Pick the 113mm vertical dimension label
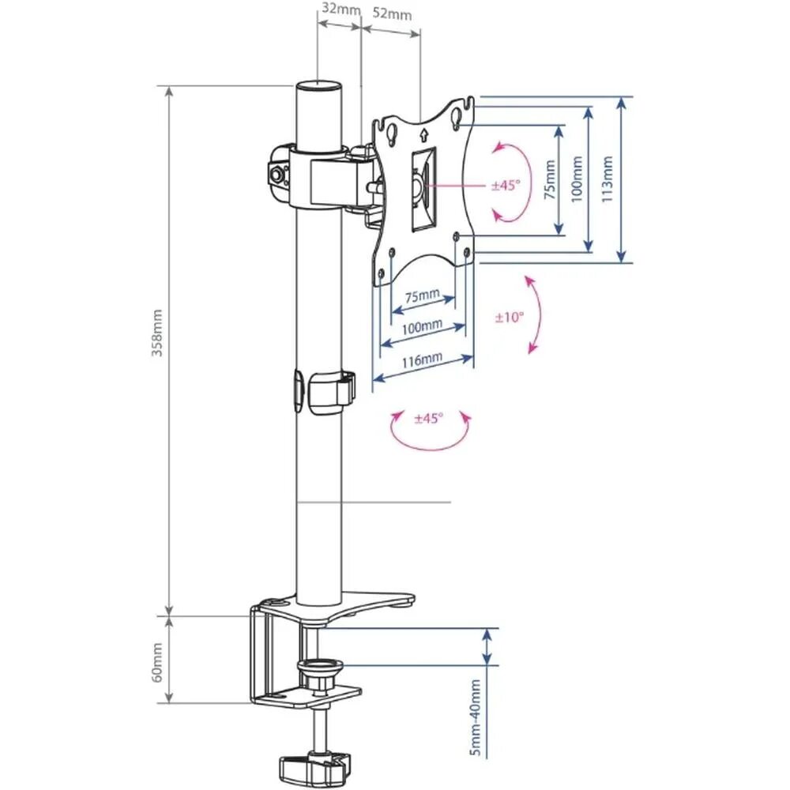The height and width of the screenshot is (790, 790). click(607, 180)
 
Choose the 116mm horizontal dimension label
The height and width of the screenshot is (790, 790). click(422, 361)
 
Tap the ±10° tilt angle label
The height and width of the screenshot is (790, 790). click(510, 318)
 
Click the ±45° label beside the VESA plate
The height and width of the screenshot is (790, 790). click(506, 186)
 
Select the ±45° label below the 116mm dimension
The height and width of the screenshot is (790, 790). click(429, 418)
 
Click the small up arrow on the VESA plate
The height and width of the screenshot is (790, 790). click(424, 134)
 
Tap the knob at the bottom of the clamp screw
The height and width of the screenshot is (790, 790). click(314, 766)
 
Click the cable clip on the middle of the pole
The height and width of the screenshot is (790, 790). click(325, 389)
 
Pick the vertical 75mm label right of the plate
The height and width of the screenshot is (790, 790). click(549, 180)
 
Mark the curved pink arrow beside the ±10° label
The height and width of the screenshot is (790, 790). click(535, 314)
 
